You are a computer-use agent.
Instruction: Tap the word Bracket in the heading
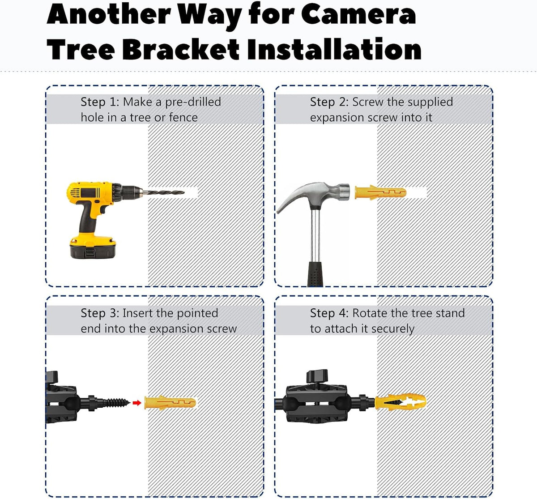181,49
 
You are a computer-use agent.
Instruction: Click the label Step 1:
100,102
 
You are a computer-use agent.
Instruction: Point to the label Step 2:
329,102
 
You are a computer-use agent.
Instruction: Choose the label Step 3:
100,313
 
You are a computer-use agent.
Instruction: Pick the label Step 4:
329,313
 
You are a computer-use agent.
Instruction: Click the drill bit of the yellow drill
164,192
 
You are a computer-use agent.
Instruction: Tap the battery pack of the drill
93,248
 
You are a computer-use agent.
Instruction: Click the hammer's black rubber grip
315,273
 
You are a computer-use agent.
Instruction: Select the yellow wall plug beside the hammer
380,192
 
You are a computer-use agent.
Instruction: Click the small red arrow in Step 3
137,403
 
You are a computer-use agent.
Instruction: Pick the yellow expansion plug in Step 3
170,403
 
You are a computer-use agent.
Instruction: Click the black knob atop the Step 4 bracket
317,376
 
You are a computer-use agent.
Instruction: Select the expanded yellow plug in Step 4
400,402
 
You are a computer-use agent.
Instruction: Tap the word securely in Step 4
392,329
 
